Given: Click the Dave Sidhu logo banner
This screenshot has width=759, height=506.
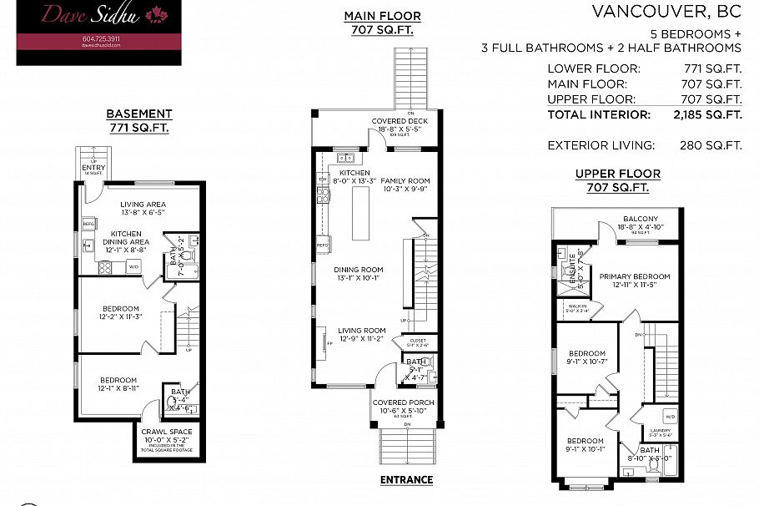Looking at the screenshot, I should click(93, 33).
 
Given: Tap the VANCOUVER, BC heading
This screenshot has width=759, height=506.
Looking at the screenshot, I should click(666, 11).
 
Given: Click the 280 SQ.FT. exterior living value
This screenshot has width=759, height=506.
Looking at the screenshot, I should click(711, 145).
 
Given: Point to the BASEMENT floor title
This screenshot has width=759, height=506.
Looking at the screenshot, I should click(139, 114).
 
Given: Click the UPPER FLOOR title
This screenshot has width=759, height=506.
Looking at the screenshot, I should click(617, 174).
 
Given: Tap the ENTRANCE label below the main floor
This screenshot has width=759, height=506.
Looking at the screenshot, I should click(406, 479).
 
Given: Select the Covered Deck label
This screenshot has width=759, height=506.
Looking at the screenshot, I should click(400, 121).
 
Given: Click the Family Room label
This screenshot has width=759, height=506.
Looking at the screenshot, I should click(405, 180).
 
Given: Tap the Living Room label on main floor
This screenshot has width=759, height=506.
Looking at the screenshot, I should click(361, 330).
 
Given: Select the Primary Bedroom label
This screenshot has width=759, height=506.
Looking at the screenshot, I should click(635, 276).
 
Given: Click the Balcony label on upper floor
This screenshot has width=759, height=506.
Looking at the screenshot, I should click(640, 220).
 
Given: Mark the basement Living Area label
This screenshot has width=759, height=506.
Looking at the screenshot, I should click(143, 204).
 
